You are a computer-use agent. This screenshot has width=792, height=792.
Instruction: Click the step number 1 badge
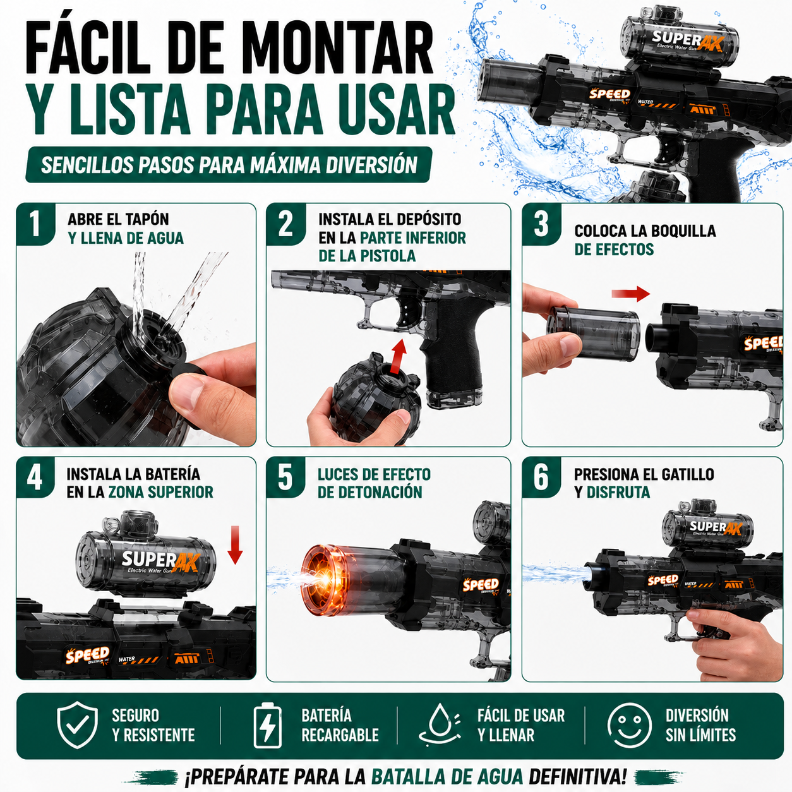click(35, 224)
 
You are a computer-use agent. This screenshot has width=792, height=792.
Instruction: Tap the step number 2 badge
click(285, 224)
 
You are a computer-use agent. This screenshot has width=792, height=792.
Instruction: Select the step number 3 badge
click(541, 224)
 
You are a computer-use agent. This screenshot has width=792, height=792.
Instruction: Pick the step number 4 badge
click(35, 477)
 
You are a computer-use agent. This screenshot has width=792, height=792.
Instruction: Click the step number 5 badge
click(285, 477)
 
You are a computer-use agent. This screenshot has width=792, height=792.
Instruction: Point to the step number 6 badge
click(541, 477)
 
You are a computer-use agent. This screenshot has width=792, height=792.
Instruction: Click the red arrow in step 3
click(631, 294)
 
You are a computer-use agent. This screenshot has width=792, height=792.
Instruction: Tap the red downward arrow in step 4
click(235, 544)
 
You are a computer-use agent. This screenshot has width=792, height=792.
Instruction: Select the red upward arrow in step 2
click(398, 356)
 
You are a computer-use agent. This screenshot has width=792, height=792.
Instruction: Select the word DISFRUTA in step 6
click(618, 492)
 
